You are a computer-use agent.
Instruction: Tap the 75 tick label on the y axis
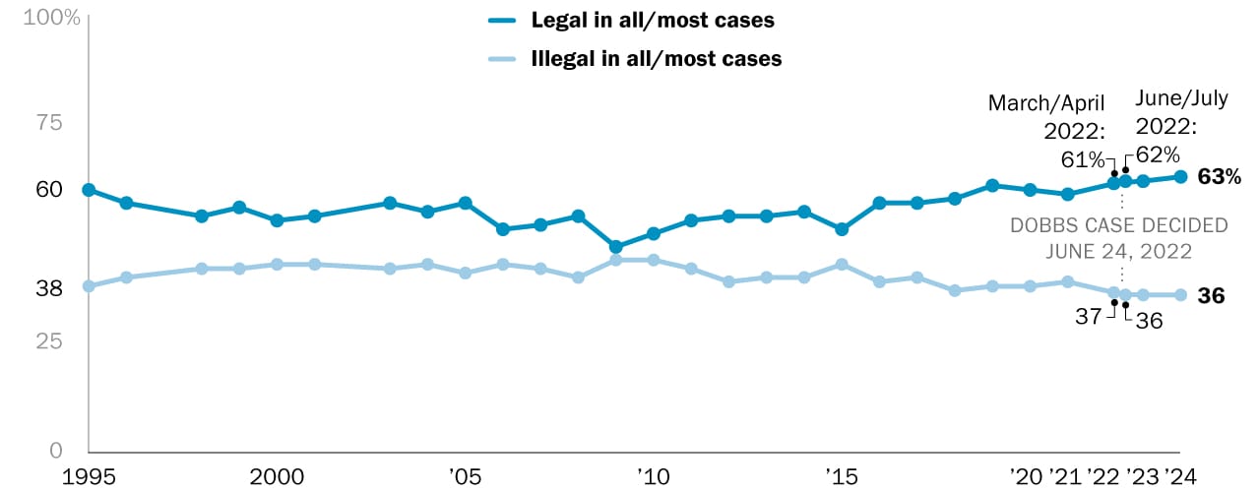pos(49,123)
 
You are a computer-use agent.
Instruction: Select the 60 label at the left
pos(49,189)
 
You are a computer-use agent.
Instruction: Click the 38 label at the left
pos(49,288)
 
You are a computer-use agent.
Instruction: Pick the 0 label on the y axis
pos(56,450)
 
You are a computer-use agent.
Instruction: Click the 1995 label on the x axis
pos(89,475)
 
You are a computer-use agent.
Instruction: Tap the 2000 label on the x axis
pos(277,475)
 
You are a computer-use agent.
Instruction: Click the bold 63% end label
pos(1219,177)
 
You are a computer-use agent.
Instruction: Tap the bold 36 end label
pos(1211,295)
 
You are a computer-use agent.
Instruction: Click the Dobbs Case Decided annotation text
pos(1119,238)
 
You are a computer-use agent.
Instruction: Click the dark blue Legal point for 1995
pos(89,190)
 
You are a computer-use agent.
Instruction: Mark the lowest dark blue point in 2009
pos(616,247)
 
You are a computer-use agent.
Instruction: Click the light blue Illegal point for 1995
pos(89,286)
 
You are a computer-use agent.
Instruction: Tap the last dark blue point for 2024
pos(1180,177)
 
